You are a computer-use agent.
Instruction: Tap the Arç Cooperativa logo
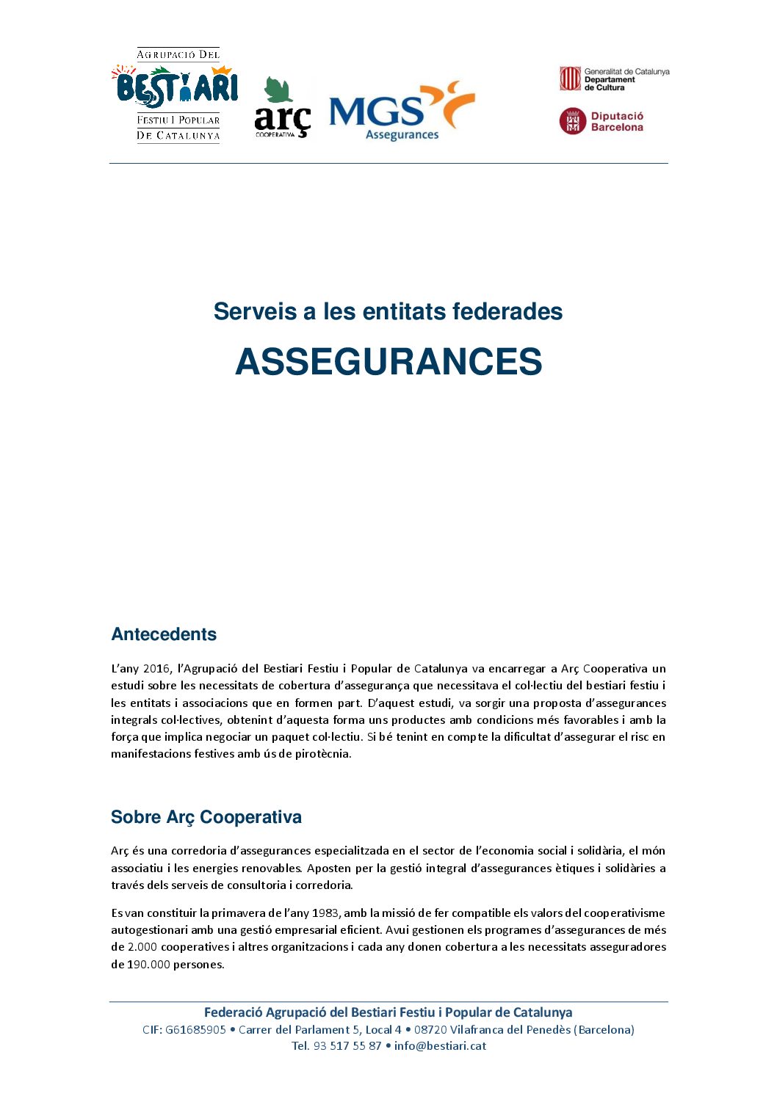pyautogui.click(x=283, y=109)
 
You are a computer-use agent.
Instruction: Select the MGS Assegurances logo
pyautogui.click(x=401, y=111)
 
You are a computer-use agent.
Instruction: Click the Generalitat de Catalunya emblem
pyautogui.click(x=571, y=79)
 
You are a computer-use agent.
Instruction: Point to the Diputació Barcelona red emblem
pyautogui.click(x=573, y=121)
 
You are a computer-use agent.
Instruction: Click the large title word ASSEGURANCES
pyautogui.click(x=388, y=362)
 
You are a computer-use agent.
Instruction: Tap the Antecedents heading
pyautogui.click(x=164, y=634)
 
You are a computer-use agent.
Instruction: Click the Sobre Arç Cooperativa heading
pyautogui.click(x=206, y=817)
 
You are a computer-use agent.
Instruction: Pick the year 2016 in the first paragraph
pyautogui.click(x=156, y=669)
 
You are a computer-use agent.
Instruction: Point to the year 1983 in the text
pyautogui.click(x=325, y=913)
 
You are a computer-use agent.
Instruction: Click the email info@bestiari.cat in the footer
pyautogui.click(x=440, y=1046)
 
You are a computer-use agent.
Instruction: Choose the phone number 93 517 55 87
pyautogui.click(x=347, y=1046)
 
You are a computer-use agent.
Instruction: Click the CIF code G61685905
pyautogui.click(x=195, y=1030)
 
